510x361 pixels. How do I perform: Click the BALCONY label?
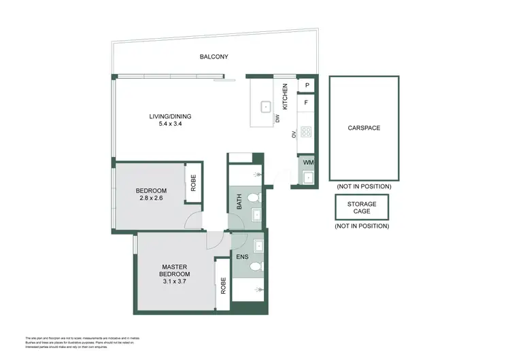tap(214, 57)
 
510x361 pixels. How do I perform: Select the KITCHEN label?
tap(286, 97)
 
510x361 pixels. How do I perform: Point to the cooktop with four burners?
tap(307, 132)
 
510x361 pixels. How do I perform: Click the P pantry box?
tap(307, 85)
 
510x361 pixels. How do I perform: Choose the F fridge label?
tap(307, 103)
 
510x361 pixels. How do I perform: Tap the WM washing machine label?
tap(307, 162)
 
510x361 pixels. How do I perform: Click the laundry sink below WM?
tap(307, 178)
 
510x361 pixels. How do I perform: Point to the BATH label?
tap(239, 202)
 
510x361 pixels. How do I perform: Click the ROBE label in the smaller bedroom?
tap(194, 182)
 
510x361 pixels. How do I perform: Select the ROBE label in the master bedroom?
tap(222, 285)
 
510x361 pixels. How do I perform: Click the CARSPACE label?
tap(364, 128)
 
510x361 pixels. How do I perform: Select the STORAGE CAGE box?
tap(362, 207)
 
